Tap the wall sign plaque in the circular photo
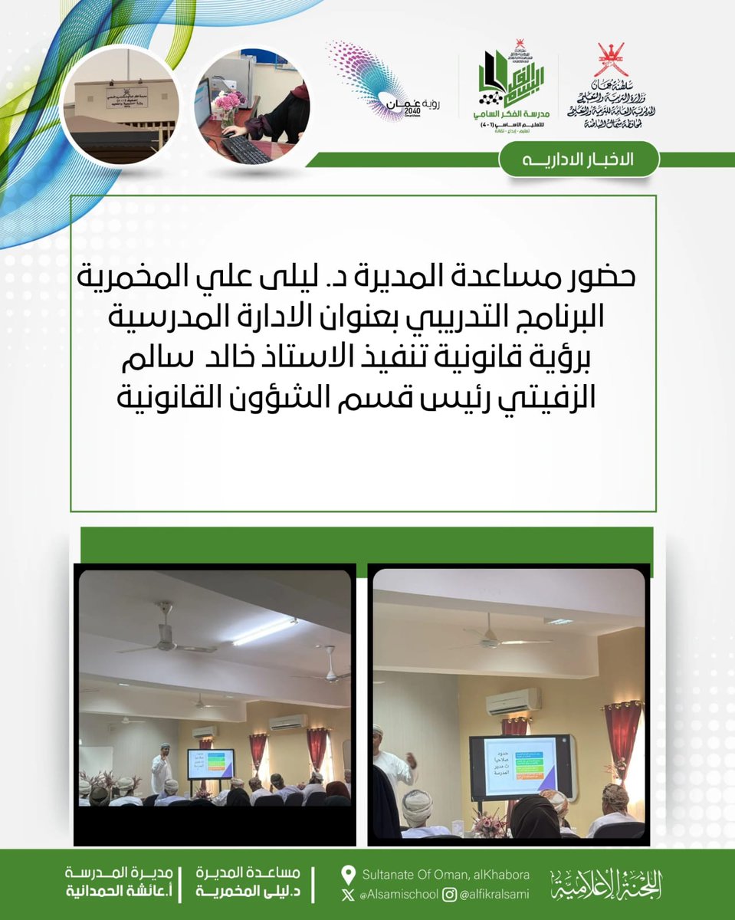[x=121, y=97]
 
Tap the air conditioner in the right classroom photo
[x=513, y=701]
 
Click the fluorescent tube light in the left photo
[x=265, y=630]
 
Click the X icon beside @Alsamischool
[x=349, y=895]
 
